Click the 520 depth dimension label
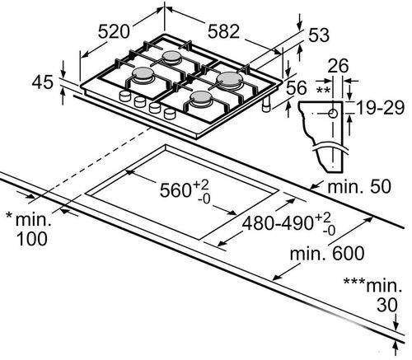click(114, 31)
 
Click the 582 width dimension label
click(223, 31)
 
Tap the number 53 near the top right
click(319, 35)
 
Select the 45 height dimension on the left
click(42, 82)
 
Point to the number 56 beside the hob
click(296, 88)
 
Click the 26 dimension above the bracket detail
click(338, 66)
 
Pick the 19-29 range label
click(381, 107)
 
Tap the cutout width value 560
click(176, 190)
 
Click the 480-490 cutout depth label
click(278, 222)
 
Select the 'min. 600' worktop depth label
click(327, 253)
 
